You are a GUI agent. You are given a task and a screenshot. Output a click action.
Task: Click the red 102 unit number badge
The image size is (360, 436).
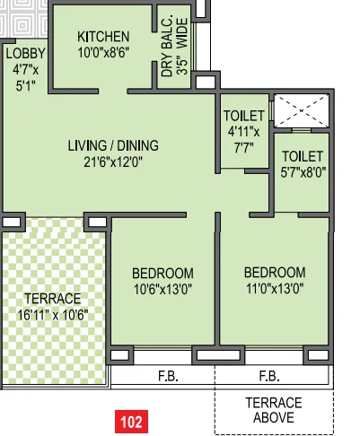131,420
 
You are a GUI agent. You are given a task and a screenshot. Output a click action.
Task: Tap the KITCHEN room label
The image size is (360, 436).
103,37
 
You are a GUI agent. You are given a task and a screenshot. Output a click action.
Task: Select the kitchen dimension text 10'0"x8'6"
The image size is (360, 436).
103,52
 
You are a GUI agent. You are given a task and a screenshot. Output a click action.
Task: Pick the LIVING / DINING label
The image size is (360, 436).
113,145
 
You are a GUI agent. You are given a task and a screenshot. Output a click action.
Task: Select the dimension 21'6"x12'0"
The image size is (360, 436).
113,162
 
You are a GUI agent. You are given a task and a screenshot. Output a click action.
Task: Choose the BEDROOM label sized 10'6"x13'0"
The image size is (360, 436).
162,273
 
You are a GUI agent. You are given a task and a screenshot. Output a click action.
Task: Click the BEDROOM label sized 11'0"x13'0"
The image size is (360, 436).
274,273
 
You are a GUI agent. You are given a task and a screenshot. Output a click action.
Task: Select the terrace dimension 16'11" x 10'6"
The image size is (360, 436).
53,315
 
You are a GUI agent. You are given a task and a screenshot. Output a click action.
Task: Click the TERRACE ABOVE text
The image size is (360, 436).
273,410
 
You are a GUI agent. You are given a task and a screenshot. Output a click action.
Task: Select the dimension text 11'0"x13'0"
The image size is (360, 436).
274,288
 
